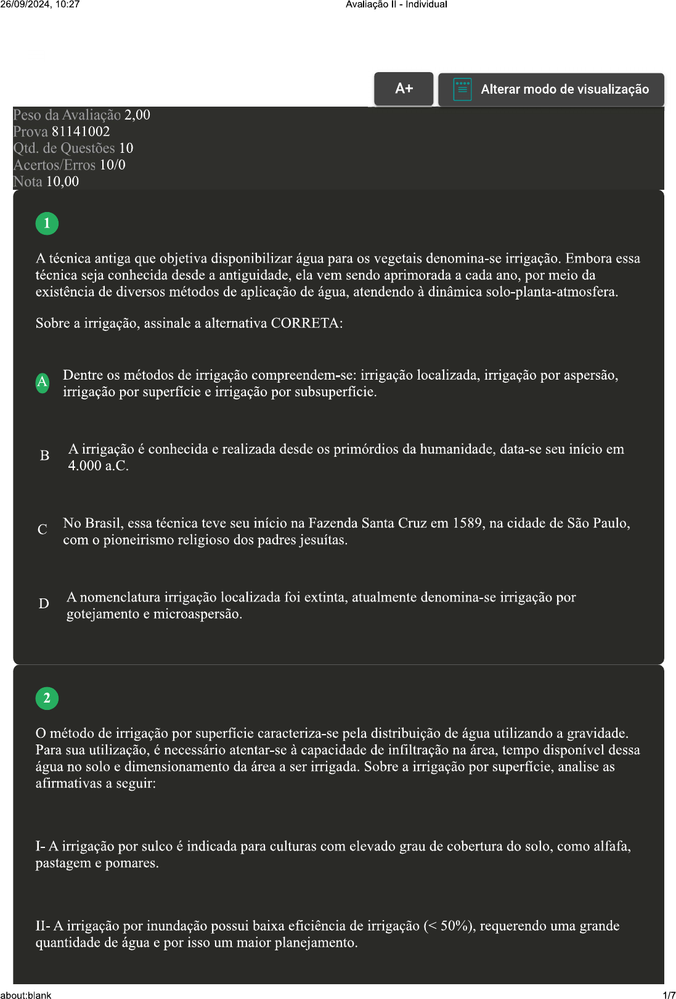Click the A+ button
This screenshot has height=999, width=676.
click(x=404, y=89)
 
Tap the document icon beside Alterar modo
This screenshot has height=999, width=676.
click(x=462, y=89)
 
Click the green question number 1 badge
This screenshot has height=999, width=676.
click(x=47, y=223)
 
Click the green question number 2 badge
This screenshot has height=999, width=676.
click(x=47, y=698)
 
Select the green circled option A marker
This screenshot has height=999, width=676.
click(x=43, y=383)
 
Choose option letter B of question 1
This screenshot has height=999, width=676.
click(x=44, y=456)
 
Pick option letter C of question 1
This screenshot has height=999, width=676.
click(x=43, y=530)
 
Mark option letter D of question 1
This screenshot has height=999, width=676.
click(x=44, y=604)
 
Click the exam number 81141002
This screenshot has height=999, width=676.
click(x=81, y=132)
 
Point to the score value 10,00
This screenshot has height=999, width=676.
click(x=63, y=182)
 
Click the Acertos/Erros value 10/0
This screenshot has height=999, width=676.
click(x=113, y=165)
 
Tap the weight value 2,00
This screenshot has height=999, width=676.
click(x=137, y=115)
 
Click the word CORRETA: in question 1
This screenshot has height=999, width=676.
click(x=307, y=324)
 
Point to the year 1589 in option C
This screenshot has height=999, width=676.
click(x=467, y=523)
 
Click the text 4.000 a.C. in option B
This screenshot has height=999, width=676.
click(x=99, y=466)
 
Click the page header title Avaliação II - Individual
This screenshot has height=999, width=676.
click(x=396, y=4)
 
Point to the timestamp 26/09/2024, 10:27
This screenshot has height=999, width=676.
click(x=40, y=4)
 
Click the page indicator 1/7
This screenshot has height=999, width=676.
click(x=669, y=995)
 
